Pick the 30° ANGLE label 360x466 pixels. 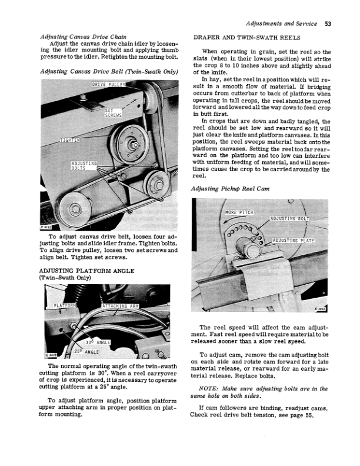[x=98, y=341]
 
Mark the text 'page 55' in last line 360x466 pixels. [x=306, y=414]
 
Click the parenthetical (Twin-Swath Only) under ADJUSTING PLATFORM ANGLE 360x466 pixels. [x=66, y=279]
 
